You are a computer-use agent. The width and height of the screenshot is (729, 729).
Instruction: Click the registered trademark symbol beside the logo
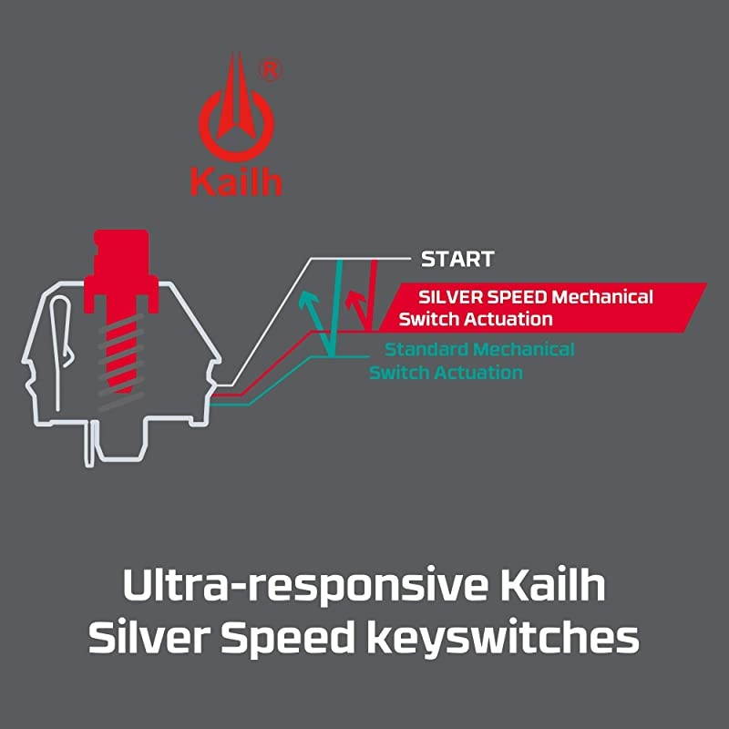pyautogui.click(x=270, y=71)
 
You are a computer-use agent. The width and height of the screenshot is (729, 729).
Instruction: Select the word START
pyautogui.click(x=457, y=260)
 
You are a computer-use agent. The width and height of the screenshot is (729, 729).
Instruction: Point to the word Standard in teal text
pyautogui.click(x=426, y=349)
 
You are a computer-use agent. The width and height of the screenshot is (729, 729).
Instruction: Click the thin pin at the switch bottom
pyautogui.click(x=89, y=443)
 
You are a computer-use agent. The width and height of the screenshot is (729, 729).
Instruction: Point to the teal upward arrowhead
pyautogui.click(x=309, y=301)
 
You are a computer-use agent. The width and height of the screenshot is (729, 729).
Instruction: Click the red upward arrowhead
pyautogui.click(x=355, y=301)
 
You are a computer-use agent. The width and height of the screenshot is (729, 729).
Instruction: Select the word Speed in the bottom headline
pyautogui.click(x=287, y=638)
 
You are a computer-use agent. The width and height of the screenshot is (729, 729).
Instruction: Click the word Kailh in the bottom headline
pyautogui.click(x=553, y=584)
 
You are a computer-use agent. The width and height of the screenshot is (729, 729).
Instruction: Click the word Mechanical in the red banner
pyautogui.click(x=602, y=297)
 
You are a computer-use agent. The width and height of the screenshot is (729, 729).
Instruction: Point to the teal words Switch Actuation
pyautogui.click(x=446, y=373)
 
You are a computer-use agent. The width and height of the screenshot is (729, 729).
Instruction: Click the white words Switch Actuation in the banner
pyautogui.click(x=475, y=319)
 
